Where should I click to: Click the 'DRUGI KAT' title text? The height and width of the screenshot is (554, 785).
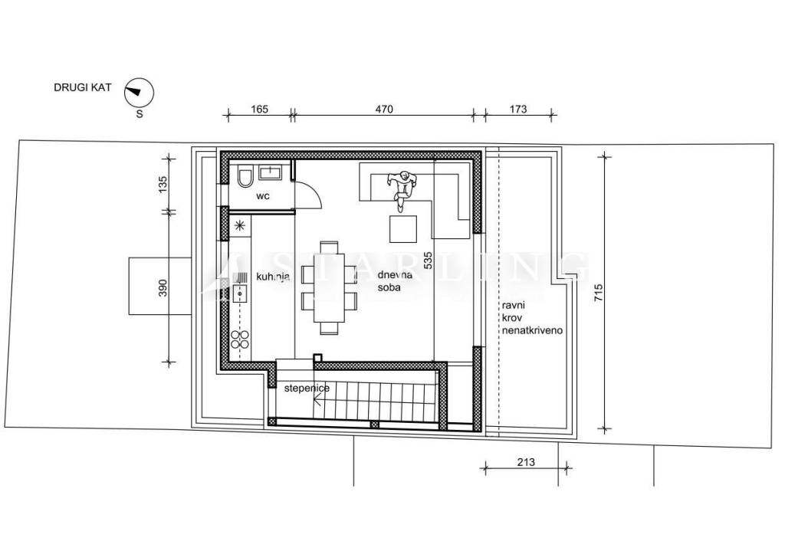coord(83,87)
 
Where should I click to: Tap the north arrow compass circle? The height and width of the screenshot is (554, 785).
coord(139,93)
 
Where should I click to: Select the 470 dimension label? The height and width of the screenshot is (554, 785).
coord(384,109)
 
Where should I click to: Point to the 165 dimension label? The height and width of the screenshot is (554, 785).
coord(259,109)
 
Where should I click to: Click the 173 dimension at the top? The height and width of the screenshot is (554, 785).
coord(518,109)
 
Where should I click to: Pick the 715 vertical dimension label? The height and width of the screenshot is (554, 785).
coord(599,292)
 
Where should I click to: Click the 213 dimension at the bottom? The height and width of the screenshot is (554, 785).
coord(526,462)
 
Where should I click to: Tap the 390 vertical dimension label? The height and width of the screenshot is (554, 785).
coord(163,287)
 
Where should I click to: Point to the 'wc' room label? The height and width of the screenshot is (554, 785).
coord(263,196)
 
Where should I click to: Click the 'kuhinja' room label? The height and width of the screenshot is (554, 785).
coord(274,277)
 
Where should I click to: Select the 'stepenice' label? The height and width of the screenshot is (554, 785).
coord(307,388)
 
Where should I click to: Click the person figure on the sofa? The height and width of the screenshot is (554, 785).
coord(402,190)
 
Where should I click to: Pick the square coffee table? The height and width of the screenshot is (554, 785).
coord(403,228)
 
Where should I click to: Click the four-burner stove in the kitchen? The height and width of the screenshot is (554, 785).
coord(240,339)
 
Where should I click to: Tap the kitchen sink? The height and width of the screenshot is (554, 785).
coord(240,293)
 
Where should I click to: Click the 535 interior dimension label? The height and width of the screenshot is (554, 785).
coord(428,261)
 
